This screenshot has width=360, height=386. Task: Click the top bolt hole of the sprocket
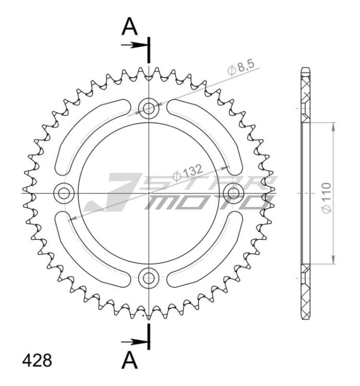tap(149, 108)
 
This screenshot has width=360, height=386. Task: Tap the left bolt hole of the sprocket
tap(64, 193)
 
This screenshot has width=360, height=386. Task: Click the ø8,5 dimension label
tap(241, 68)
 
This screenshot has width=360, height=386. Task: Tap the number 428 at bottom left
tap(37, 360)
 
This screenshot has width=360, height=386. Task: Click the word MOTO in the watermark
tap(206, 202)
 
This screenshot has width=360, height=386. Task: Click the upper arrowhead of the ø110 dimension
tap(333, 127)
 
